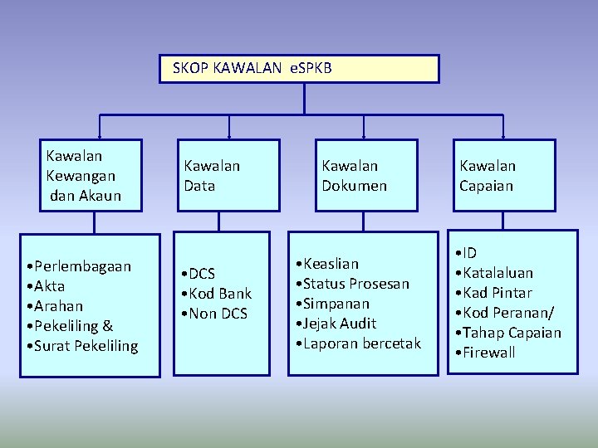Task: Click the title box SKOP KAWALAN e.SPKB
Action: (x=299, y=69)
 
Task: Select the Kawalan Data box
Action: (x=227, y=176)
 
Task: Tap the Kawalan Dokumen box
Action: (x=364, y=176)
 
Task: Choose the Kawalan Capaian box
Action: (x=503, y=176)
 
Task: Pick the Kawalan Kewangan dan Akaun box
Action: (x=93, y=176)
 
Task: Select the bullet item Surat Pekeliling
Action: (x=86, y=346)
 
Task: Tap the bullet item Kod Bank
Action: (x=219, y=294)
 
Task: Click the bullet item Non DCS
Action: (x=218, y=314)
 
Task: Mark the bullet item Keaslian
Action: (x=331, y=264)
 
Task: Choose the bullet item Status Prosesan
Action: (x=355, y=284)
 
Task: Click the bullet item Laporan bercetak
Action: (x=361, y=343)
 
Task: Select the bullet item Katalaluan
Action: (x=498, y=273)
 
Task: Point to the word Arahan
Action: (x=58, y=306)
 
